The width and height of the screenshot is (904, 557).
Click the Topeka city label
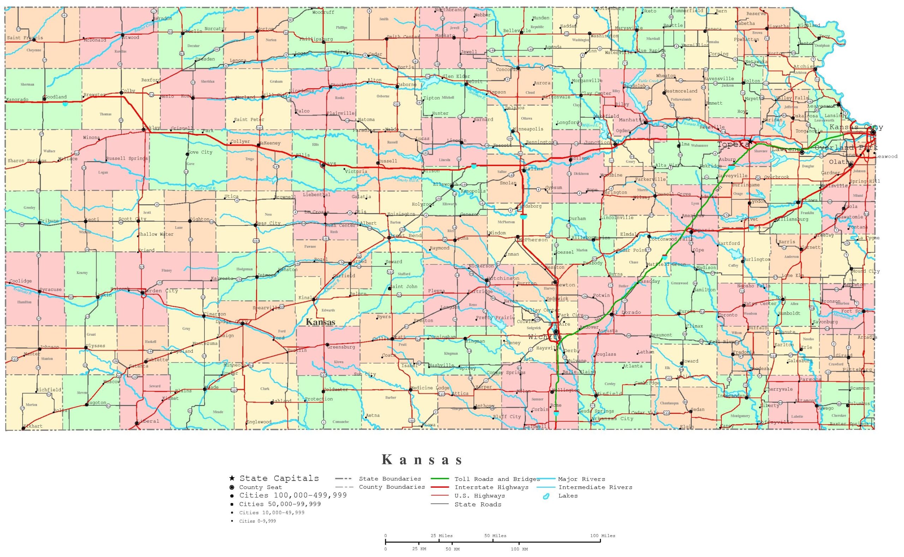(x=733, y=145)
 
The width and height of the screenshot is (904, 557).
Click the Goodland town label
(x=55, y=97)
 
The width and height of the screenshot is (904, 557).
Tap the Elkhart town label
(x=33, y=426)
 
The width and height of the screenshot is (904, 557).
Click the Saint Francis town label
(x=25, y=38)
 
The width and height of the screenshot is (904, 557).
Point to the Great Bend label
(x=405, y=235)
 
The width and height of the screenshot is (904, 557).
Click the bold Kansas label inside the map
(x=320, y=322)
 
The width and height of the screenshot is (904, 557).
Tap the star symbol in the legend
(x=232, y=478)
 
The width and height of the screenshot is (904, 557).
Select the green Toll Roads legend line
(x=440, y=479)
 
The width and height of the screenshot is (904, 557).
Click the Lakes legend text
(x=568, y=496)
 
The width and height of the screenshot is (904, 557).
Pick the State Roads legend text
(x=478, y=504)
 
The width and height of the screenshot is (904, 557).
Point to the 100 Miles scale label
(x=602, y=536)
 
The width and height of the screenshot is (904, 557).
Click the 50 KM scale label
(x=452, y=549)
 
